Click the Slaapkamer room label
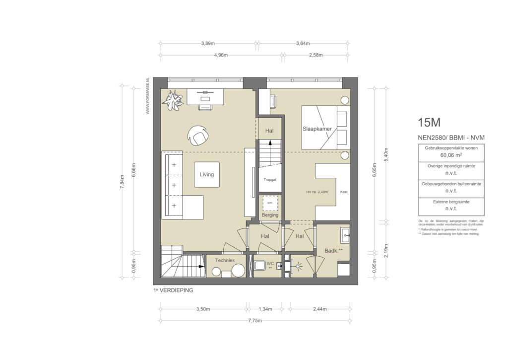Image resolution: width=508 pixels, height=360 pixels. (x=317, y=129)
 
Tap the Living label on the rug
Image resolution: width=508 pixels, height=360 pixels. (x=207, y=174)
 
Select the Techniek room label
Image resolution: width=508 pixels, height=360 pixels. (x=225, y=260)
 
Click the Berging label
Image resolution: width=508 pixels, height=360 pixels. (x=270, y=215)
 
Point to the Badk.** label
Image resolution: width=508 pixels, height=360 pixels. (x=333, y=251)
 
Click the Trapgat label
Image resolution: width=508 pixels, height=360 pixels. (x=270, y=180)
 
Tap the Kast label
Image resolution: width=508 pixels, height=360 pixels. (x=344, y=192)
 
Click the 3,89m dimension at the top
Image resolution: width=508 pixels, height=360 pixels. (x=208, y=43)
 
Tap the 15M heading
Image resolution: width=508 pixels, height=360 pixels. (x=429, y=122)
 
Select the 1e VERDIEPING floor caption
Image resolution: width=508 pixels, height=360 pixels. (x=173, y=290)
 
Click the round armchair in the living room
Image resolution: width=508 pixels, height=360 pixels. (x=198, y=134)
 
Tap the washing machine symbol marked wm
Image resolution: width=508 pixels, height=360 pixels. (x=270, y=204)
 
